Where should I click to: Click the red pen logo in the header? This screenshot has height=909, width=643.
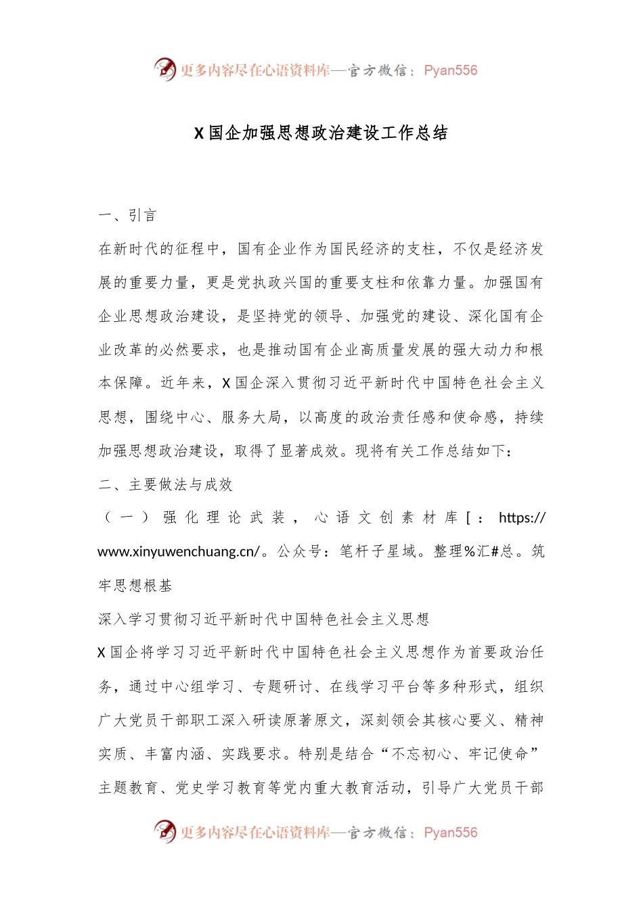pyautogui.click(x=164, y=69)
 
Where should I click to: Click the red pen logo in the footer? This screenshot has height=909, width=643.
pyautogui.click(x=164, y=831)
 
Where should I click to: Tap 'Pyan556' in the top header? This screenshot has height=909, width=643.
pyautogui.click(x=450, y=70)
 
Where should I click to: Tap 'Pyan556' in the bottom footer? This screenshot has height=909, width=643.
pyautogui.click(x=450, y=833)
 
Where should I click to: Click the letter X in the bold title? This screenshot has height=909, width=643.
pyautogui.click(x=199, y=133)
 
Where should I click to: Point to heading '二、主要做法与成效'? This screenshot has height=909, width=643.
pyautogui.click(x=165, y=484)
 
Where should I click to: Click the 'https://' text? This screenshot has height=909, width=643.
pyautogui.click(x=522, y=518)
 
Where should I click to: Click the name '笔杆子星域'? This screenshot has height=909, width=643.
pyautogui.click(x=378, y=552)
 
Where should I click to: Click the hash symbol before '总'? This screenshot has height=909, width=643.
pyautogui.click(x=495, y=552)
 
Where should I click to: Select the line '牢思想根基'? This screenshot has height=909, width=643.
pyautogui.click(x=135, y=586)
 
